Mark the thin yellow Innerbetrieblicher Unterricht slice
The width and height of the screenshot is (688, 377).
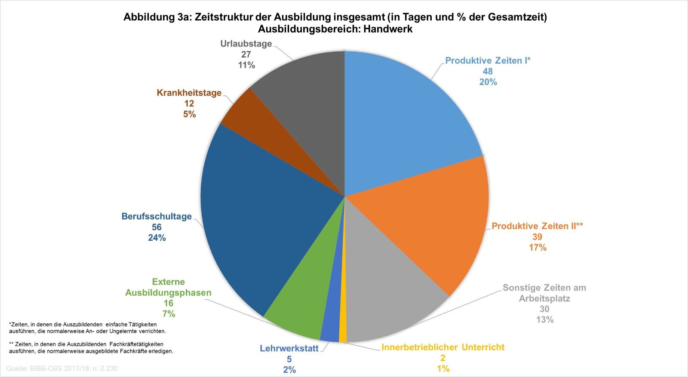coord(343,331)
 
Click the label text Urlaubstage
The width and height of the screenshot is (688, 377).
coord(246,44)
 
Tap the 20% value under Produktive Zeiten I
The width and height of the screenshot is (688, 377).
coord(488,82)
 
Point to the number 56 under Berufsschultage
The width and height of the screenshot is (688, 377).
coord(157,227)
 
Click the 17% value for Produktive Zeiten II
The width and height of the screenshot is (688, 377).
coord(537,248)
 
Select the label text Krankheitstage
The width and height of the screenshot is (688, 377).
coord(189,93)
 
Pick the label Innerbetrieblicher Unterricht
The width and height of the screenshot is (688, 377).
coord(443,347)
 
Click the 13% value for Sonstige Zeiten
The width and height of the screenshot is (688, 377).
coord(544,320)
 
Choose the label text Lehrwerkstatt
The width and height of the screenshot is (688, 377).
coord(289,349)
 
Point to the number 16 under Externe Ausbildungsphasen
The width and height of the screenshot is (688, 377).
coord(169,303)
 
